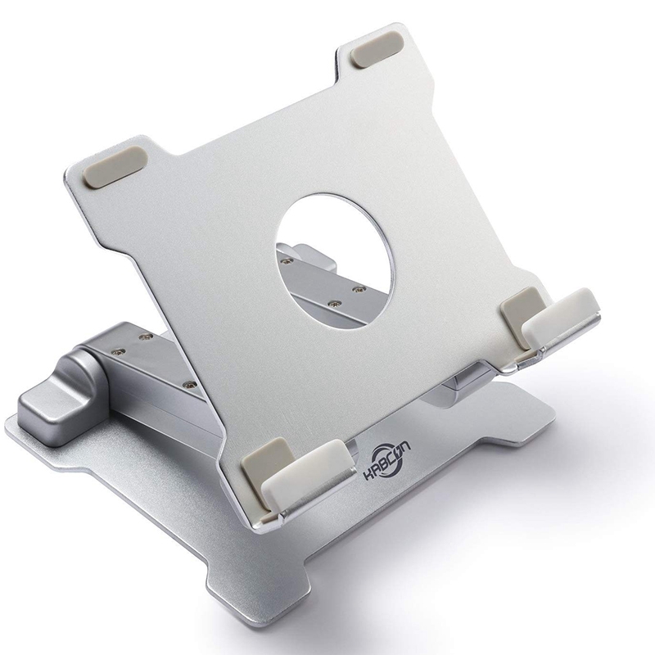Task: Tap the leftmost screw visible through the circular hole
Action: click(x=286, y=262)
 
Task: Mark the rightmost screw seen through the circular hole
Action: click(x=358, y=288)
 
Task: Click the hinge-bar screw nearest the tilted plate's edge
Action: click(x=189, y=383)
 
